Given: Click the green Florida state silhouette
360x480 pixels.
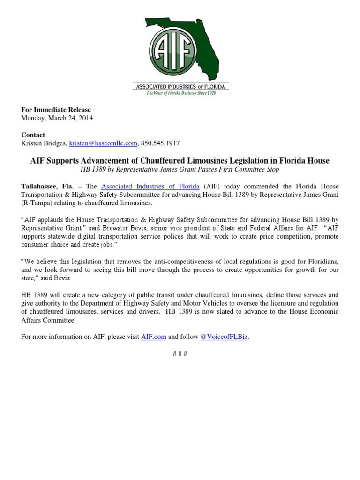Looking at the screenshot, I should point(197,37).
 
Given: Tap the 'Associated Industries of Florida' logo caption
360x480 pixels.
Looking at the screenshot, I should point(180,87).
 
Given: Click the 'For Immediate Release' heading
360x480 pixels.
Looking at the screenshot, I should point(56,110).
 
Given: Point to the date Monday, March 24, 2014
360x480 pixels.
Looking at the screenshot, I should point(57,118).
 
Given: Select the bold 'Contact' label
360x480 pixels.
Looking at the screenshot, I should point(33,135).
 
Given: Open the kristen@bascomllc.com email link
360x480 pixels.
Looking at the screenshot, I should point(103,143).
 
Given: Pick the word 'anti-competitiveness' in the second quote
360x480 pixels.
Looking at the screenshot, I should point(168,262).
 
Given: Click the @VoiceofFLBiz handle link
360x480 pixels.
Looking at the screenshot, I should point(224,337).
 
